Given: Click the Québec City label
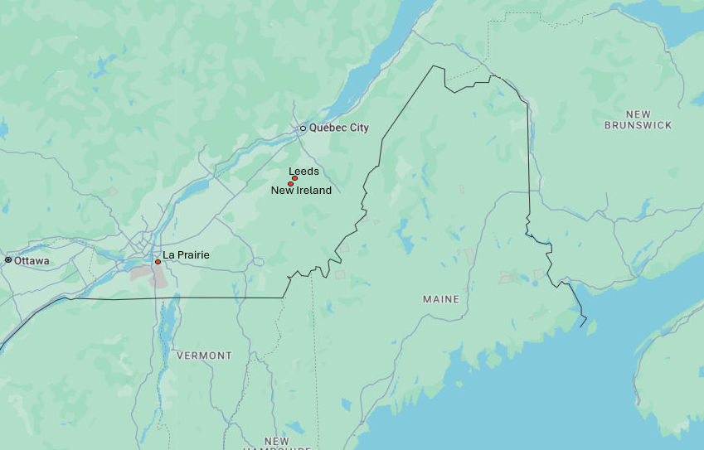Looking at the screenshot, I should pyautogui.click(x=339, y=128).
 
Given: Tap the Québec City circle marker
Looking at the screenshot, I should pyautogui.click(x=303, y=128).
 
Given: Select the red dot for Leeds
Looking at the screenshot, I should pyautogui.click(x=294, y=178).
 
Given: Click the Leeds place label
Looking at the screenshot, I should pyautogui.click(x=303, y=172).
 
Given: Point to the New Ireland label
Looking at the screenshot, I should pyautogui.click(x=301, y=191).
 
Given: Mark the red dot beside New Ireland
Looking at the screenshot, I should pyautogui.click(x=290, y=184).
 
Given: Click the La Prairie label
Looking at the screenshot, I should pyautogui.click(x=186, y=255).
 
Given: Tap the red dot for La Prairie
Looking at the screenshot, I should pyautogui.click(x=158, y=262).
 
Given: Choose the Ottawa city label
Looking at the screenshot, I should pyautogui.click(x=32, y=261).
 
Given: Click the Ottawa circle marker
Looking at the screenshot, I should pyautogui.click(x=8, y=260).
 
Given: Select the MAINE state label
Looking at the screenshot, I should pyautogui.click(x=440, y=299).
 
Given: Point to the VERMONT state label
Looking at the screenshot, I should pyautogui.click(x=204, y=356).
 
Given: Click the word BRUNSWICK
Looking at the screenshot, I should pyautogui.click(x=638, y=126).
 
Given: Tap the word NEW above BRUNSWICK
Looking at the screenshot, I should pyautogui.click(x=638, y=114).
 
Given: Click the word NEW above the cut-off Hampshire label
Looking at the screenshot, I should pyautogui.click(x=277, y=441).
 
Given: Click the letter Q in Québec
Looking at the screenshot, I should pyautogui.click(x=314, y=128).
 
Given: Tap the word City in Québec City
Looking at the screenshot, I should pyautogui.click(x=359, y=128).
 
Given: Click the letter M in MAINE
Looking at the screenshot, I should pyautogui.click(x=427, y=299).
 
